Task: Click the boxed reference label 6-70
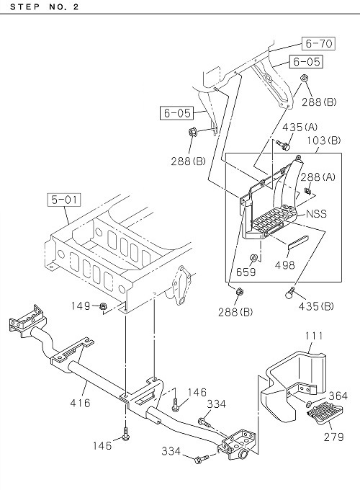318,43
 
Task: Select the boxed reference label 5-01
64,200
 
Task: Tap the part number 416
80,403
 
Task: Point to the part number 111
314,336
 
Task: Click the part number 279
334,437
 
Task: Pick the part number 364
338,396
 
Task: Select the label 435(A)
300,128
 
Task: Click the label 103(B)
323,141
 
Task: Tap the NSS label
316,214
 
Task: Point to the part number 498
284,265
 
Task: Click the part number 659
246,272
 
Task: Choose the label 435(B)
316,306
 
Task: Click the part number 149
81,306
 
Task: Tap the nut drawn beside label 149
102,306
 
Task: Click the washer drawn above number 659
253,258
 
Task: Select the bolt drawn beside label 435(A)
284,145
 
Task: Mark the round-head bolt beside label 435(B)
290,292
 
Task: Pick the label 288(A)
318,177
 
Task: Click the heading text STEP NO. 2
45,6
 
